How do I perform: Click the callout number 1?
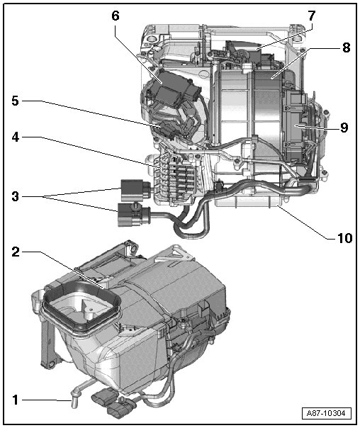click(x=16, y=400)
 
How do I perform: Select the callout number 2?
click(x=16, y=252)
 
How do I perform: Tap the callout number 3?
click(x=16, y=196)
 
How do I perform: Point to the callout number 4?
click(x=16, y=137)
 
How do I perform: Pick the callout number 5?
click(x=16, y=101)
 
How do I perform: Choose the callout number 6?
click(x=116, y=16)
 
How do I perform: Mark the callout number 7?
click(x=311, y=16)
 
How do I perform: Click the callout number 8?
click(x=346, y=47)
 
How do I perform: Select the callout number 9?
click(x=344, y=128)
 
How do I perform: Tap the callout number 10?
click(x=344, y=238)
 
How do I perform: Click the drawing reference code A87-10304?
click(x=326, y=413)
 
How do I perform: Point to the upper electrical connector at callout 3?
click(x=135, y=188)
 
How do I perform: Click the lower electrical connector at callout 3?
click(x=134, y=215)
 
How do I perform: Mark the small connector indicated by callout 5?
click(x=167, y=130)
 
